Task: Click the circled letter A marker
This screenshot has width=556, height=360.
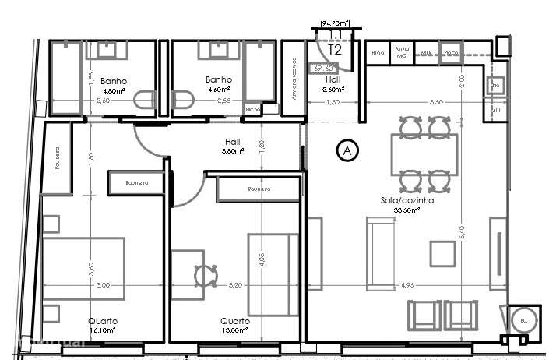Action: click(346, 150)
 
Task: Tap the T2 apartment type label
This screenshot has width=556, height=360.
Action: click(335, 50)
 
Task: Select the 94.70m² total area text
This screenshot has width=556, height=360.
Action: click(335, 23)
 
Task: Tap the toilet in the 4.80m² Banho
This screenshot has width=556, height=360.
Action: click(144, 101)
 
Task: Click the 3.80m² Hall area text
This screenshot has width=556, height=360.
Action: click(232, 152)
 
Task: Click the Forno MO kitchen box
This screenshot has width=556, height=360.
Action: click(402, 51)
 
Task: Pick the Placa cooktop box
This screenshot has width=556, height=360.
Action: click(450, 53)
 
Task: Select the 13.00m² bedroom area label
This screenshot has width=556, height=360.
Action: click(234, 330)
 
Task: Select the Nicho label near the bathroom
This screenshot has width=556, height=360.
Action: click(253, 110)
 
